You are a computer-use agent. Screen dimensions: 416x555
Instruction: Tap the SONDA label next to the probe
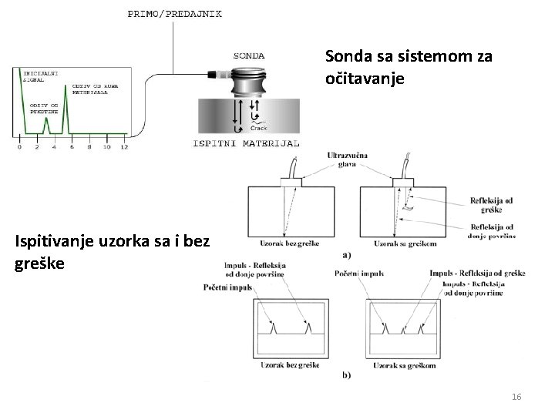tap(249, 55)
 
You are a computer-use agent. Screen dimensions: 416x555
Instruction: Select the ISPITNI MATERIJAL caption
tap(245, 143)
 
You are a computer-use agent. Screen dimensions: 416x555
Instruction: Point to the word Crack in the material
tap(259, 129)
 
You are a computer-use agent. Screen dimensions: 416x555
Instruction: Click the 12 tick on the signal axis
tap(124, 146)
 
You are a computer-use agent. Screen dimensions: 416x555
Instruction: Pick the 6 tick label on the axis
tap(71, 146)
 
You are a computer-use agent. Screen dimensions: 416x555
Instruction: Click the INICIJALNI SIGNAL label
tap(39, 75)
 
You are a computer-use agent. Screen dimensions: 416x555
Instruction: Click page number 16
tap(516, 396)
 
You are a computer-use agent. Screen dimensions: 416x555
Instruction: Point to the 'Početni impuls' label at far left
tap(228, 287)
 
